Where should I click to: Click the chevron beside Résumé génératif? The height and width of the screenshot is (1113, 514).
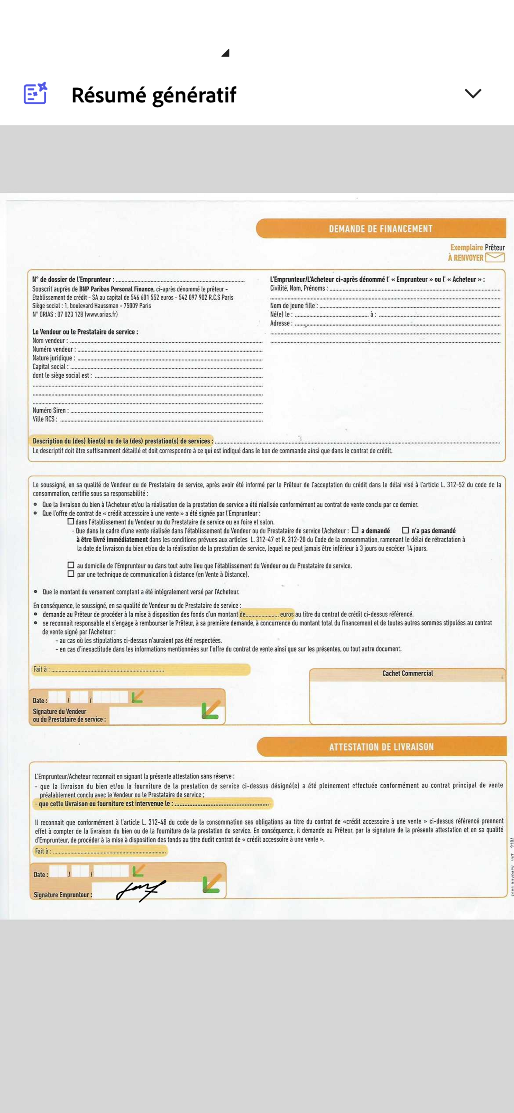(473, 93)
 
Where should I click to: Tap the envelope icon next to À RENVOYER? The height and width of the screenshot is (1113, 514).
(495, 257)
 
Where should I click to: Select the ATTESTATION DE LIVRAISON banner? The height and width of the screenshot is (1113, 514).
(381, 747)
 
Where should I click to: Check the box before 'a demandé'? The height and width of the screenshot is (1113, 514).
(355, 530)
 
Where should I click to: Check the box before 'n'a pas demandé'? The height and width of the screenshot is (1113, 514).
(405, 530)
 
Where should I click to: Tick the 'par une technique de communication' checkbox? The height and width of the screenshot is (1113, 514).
(71, 574)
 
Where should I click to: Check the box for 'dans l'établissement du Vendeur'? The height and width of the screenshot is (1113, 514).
(71, 522)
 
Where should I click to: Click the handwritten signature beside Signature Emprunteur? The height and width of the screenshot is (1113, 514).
(140, 891)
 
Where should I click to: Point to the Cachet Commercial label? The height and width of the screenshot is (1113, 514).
(407, 673)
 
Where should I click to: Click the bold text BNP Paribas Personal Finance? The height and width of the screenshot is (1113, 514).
(117, 289)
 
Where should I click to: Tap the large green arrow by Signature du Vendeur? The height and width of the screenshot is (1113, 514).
(211, 710)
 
